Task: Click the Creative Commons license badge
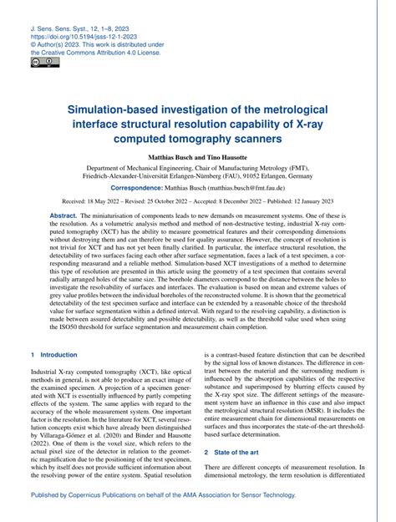(x=40, y=62)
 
